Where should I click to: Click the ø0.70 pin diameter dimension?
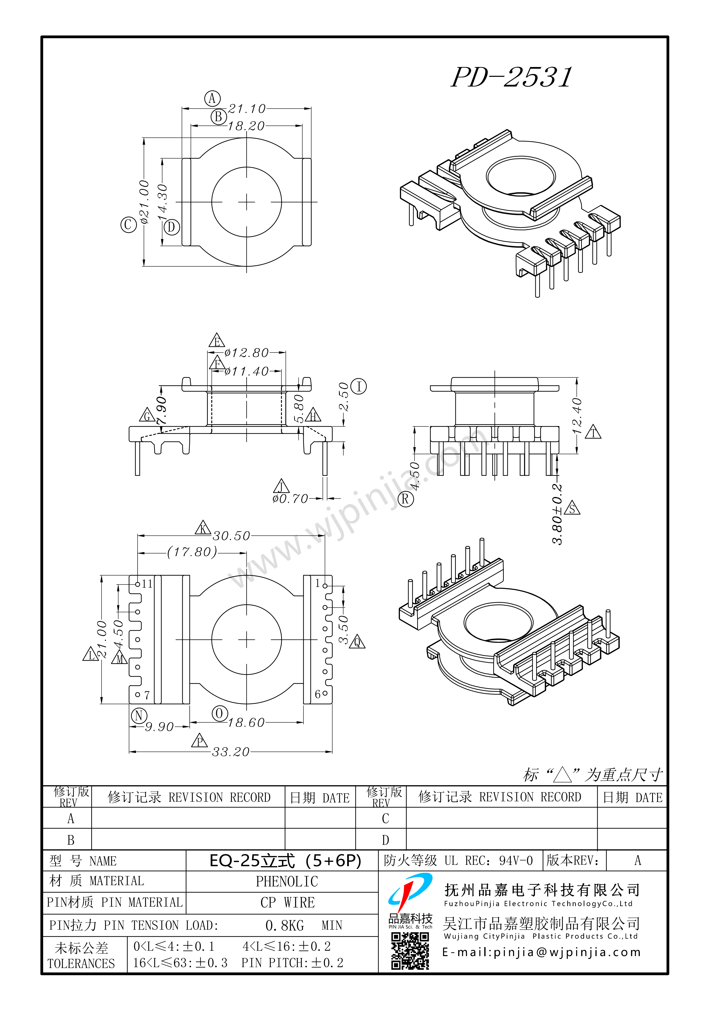pyautogui.click(x=290, y=499)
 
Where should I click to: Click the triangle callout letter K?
pyautogui.click(x=203, y=528)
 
